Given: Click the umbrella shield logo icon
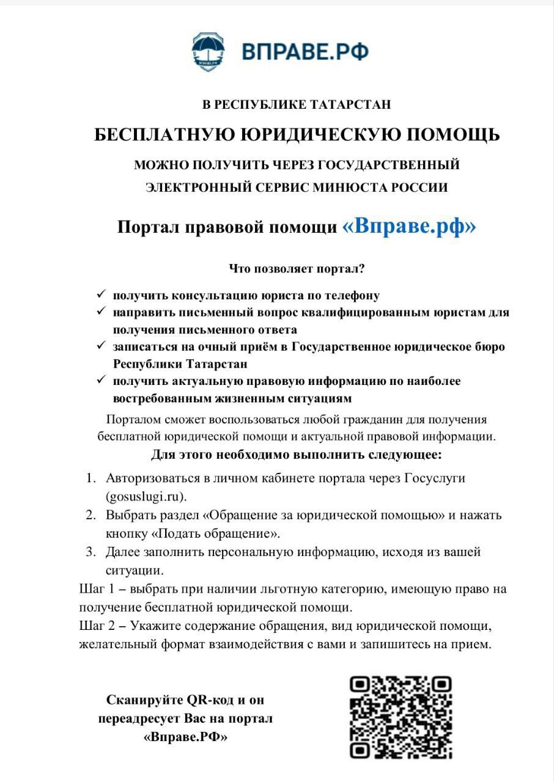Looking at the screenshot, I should [x=208, y=51].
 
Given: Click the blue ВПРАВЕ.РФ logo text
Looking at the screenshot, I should [x=305, y=51].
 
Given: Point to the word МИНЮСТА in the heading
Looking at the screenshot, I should [x=350, y=188].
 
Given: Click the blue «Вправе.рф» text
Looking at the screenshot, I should [x=409, y=227].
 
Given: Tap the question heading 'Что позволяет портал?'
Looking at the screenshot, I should [x=297, y=268].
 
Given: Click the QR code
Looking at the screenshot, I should [x=401, y=717].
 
